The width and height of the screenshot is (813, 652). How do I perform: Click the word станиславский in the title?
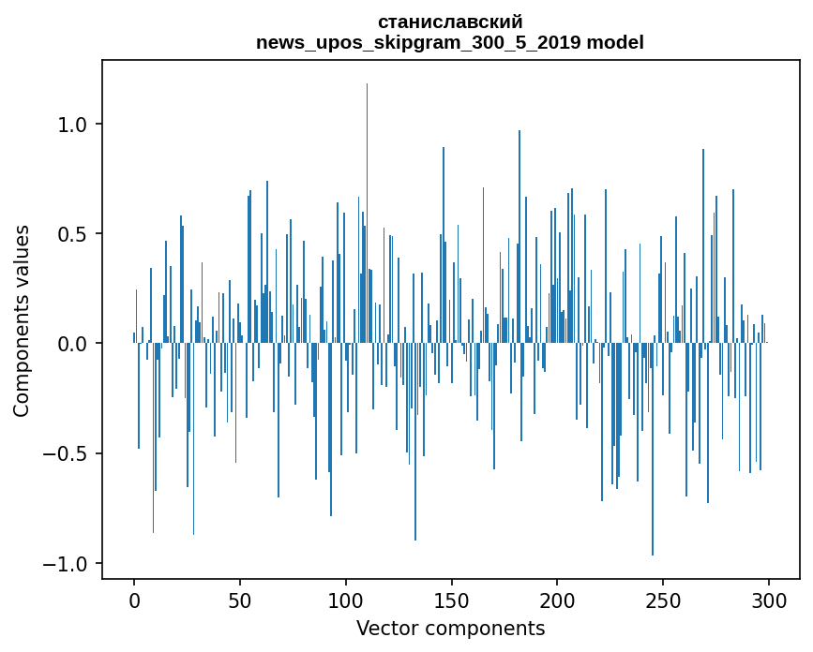pyautogui.click(x=450, y=22)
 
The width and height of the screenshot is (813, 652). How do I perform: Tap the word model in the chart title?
pyautogui.click(x=615, y=42)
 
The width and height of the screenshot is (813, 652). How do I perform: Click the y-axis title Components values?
pyautogui.click(x=22, y=320)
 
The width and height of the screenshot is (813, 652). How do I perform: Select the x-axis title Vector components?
pyautogui.click(x=450, y=628)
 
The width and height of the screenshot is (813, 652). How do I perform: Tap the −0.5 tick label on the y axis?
pyautogui.click(x=68, y=453)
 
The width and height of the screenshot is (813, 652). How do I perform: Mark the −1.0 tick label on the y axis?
pyautogui.click(x=68, y=563)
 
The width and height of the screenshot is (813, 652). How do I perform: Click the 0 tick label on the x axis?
pyautogui.click(x=134, y=600)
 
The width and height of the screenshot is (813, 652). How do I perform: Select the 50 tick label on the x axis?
pyautogui.click(x=240, y=600)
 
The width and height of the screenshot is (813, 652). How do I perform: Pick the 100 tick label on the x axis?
pyautogui.click(x=346, y=600)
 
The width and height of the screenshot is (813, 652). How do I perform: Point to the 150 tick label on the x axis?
pyautogui.click(x=452, y=600)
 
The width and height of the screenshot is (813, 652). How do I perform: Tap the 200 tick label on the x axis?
pyautogui.click(x=558, y=600)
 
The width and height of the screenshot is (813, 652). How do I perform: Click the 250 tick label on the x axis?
pyautogui.click(x=664, y=600)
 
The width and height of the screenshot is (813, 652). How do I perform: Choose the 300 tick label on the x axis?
pyautogui.click(x=770, y=600)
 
